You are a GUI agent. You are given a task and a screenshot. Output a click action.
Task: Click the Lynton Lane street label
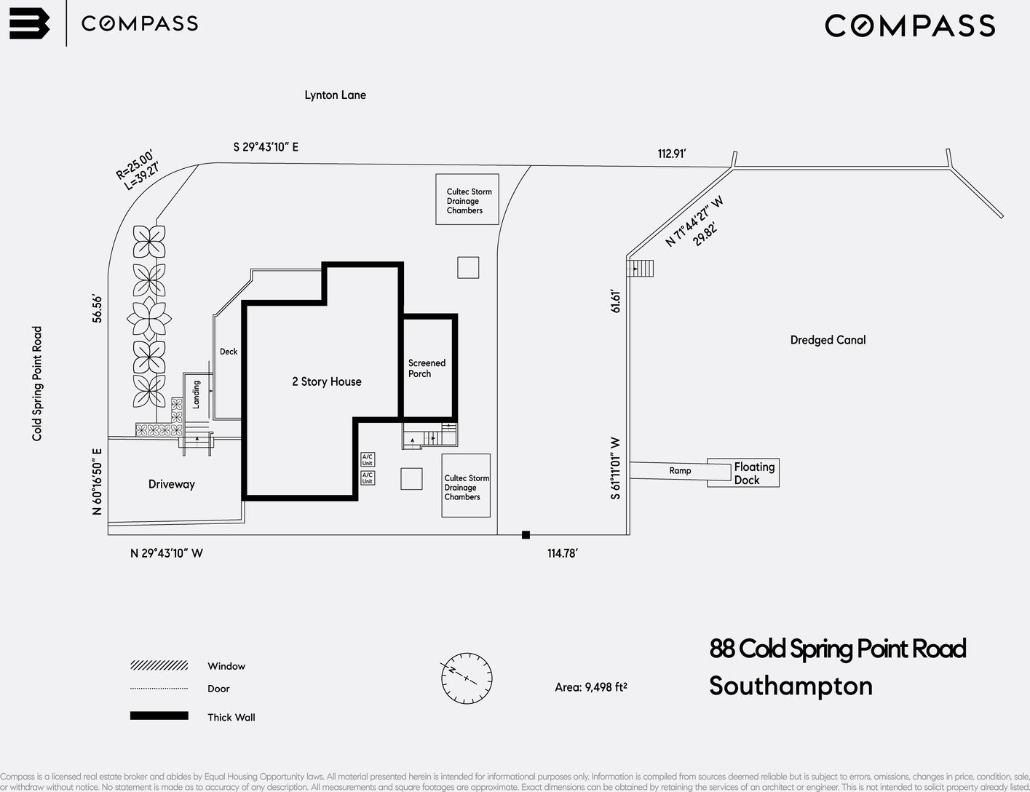click(335, 95)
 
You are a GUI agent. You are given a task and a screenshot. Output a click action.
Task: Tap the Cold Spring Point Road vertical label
click(37, 384)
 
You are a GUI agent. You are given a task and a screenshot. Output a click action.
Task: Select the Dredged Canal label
click(828, 340)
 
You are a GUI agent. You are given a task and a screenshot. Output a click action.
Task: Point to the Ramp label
click(680, 471)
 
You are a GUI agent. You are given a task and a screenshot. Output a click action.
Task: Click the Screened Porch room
click(428, 368)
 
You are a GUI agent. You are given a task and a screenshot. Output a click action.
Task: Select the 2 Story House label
click(326, 381)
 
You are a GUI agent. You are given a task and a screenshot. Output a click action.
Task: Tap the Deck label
click(229, 352)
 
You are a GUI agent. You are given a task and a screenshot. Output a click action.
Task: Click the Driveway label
click(171, 484)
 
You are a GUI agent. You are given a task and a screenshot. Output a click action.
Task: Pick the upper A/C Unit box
click(368, 460)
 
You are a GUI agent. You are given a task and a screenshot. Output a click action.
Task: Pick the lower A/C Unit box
click(368, 478)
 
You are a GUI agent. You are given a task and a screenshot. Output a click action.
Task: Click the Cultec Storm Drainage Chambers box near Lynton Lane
click(467, 199)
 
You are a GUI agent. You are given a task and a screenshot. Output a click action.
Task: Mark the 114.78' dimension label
click(562, 553)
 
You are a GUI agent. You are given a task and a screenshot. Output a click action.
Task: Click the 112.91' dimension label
click(672, 154)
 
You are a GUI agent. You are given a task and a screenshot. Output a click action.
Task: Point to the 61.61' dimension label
click(616, 301)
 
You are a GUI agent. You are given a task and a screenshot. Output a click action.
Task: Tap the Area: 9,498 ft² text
click(590, 686)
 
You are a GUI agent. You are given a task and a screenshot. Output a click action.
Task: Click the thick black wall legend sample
click(159, 716)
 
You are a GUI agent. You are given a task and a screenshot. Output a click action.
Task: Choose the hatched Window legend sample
click(159, 665)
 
